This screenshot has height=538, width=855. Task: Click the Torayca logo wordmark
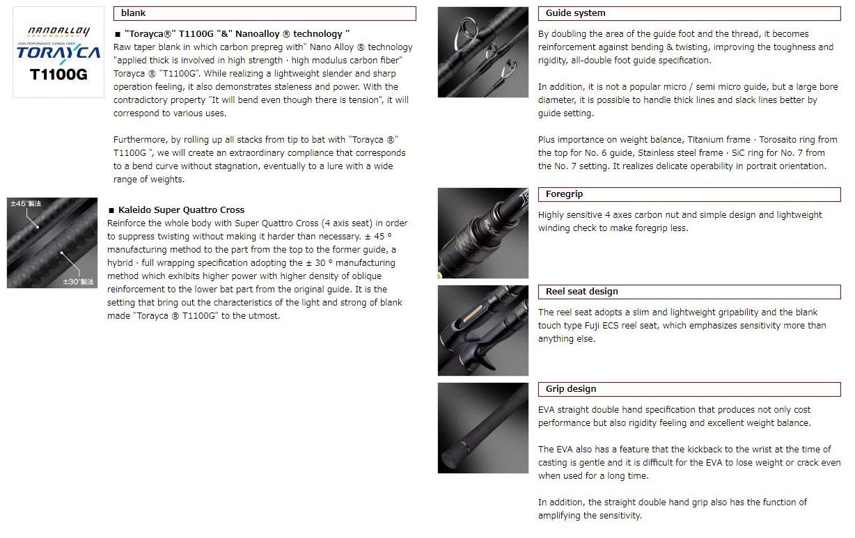pyautogui.click(x=58, y=53)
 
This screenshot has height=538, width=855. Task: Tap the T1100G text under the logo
pyautogui.click(x=58, y=74)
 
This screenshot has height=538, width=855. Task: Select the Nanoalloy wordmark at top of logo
pyautogui.click(x=58, y=31)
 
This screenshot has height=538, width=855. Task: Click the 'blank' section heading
pyautogui.click(x=133, y=13)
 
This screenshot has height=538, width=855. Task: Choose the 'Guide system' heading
pyautogui.click(x=575, y=13)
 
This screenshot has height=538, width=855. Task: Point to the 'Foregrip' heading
pyautogui.click(x=564, y=193)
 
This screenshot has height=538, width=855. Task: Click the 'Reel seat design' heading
pyautogui.click(x=581, y=291)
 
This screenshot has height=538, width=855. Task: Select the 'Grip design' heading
pyautogui.click(x=571, y=388)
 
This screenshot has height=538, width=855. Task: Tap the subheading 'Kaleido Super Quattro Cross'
pyautogui.click(x=181, y=210)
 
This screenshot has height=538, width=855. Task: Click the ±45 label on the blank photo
pyautogui.click(x=26, y=204)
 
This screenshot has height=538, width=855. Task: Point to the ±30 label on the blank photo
pyautogui.click(x=78, y=282)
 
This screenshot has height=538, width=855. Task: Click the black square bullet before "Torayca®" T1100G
pyautogui.click(x=118, y=34)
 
